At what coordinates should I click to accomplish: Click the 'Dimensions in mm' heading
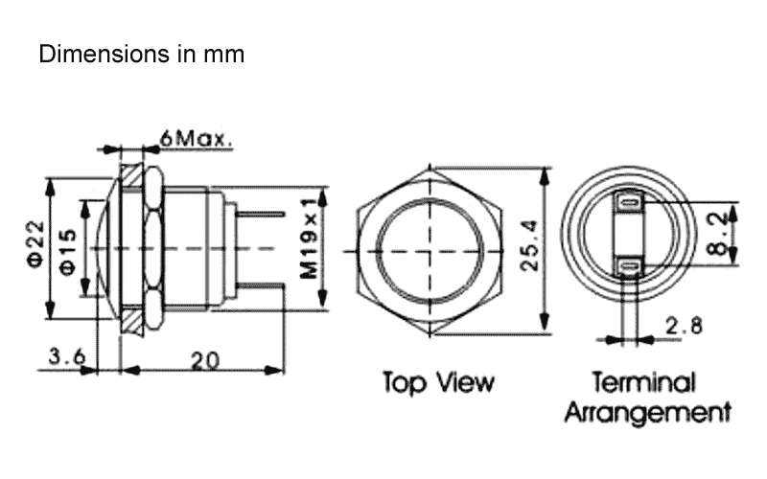(x=141, y=55)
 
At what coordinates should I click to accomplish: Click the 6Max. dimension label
(x=198, y=139)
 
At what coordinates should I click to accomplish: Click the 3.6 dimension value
(x=67, y=357)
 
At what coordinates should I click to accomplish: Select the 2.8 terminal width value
(x=685, y=326)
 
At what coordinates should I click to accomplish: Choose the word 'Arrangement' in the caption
(x=647, y=414)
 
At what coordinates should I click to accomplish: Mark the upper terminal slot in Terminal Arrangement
(x=629, y=203)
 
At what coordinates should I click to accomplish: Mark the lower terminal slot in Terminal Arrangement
(x=629, y=267)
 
